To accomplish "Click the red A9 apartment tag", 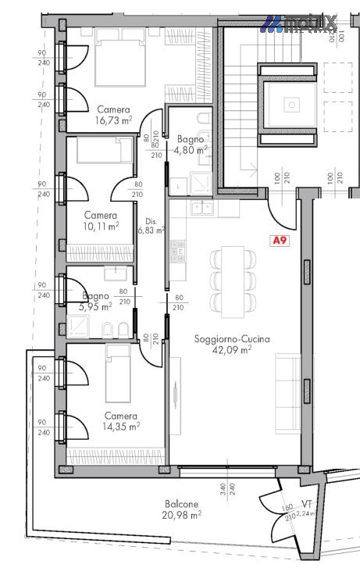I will (279, 241).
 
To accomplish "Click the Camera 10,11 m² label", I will (101, 220).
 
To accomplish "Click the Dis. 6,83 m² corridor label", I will (150, 225).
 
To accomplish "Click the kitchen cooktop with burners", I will (178, 251).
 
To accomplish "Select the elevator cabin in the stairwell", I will (291, 102).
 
